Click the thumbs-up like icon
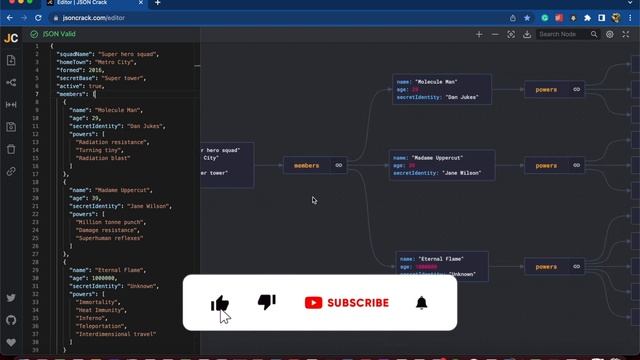(x=220, y=303)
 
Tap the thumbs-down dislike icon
(x=267, y=302)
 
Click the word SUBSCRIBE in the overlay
(x=358, y=303)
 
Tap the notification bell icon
(x=422, y=303)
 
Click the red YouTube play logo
(x=314, y=303)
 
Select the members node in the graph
(x=307, y=166)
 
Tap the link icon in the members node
(x=339, y=166)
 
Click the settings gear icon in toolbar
(x=609, y=34)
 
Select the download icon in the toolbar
(x=527, y=34)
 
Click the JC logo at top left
(x=11, y=38)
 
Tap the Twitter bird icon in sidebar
(x=11, y=298)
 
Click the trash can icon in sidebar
(x=11, y=149)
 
